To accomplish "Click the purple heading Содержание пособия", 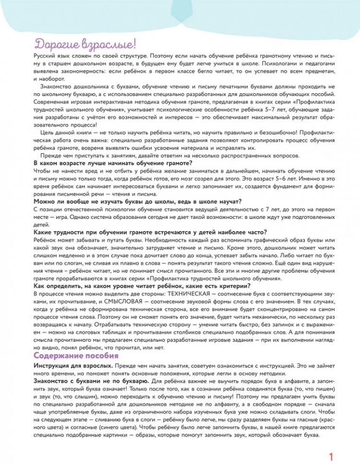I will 75,355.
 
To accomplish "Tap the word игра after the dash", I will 61,217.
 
